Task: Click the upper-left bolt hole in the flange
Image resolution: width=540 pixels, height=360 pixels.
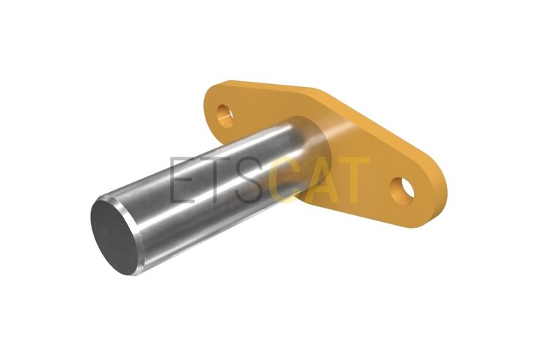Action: [225, 115]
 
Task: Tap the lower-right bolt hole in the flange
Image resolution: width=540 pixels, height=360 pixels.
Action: [402, 190]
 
